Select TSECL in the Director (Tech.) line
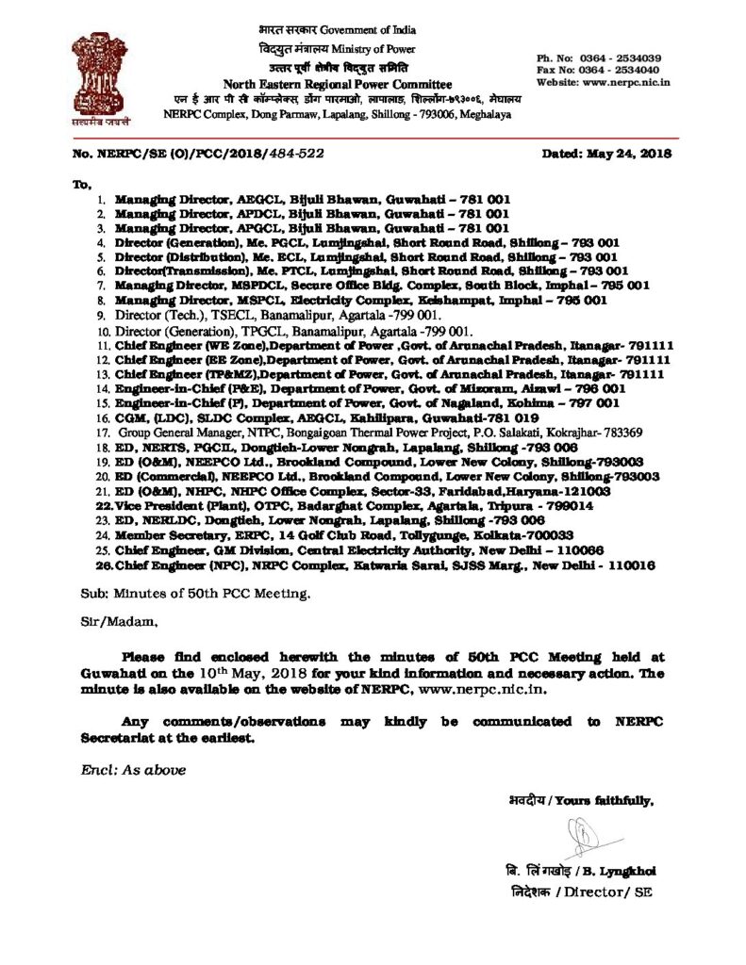pyautogui.click(x=224, y=316)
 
